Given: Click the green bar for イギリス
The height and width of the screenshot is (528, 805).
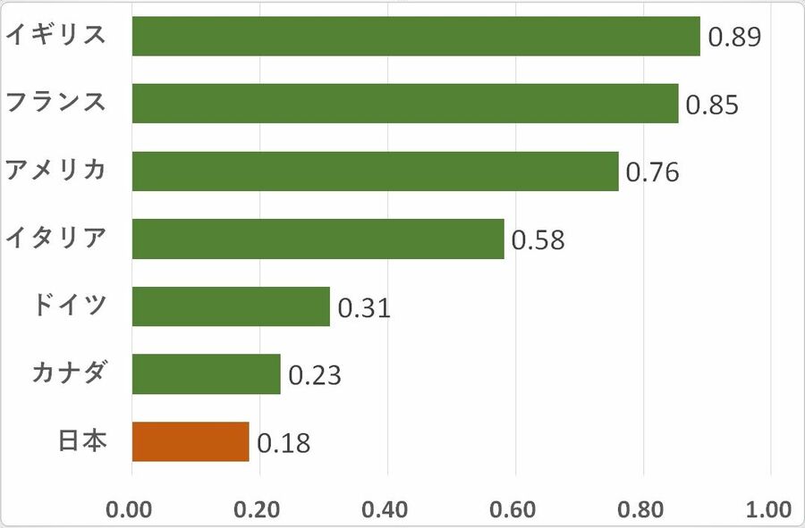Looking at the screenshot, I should coord(416,36).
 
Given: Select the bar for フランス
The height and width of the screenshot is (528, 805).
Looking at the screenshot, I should coord(404,103).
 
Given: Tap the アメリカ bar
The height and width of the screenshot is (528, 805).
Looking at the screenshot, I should coord(375,171).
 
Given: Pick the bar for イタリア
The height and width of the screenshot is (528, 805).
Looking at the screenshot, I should coord(318,239).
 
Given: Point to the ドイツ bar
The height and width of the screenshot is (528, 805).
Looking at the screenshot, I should coord(231,306).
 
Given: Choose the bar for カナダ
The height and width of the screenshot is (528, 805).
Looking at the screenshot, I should coord(206,373).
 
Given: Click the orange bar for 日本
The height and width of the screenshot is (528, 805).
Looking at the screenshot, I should coord(190,441).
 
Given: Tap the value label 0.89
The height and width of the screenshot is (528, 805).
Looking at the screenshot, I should coord(734,38).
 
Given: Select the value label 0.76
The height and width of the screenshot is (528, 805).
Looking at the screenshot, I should coord(653,172).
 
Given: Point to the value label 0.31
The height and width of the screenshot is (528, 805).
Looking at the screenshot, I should coord(364,308).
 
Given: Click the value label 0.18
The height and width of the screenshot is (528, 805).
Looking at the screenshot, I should coord(284,443).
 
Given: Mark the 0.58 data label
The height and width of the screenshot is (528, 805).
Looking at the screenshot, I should coord(538,240).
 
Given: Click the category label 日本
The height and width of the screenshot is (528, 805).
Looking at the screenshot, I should coord(82,440).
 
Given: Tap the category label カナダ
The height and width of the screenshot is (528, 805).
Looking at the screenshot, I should coord(70,373).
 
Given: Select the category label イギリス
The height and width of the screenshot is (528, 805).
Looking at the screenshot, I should coord(56,35).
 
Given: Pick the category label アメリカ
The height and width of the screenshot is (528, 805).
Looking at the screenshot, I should coord(56,170).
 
